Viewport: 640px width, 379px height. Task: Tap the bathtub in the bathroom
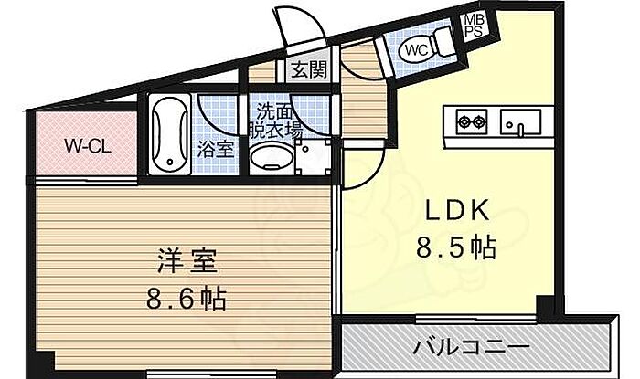[167, 135]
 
